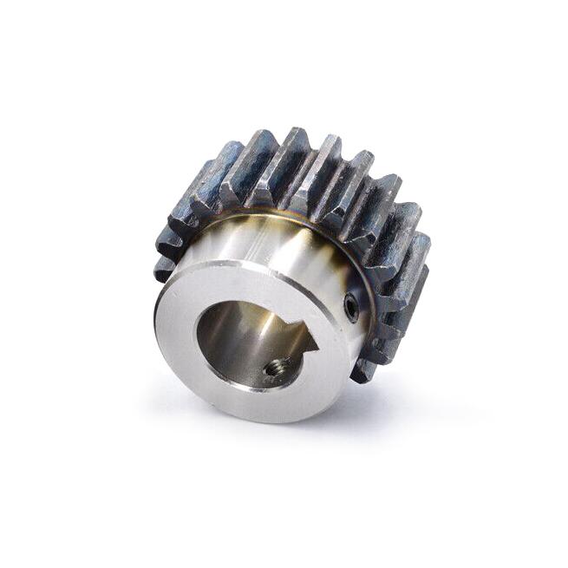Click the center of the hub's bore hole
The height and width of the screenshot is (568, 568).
tap(251, 343)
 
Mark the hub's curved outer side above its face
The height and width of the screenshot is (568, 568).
tap(260, 243)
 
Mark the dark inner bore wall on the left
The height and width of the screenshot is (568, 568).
tap(212, 334)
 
